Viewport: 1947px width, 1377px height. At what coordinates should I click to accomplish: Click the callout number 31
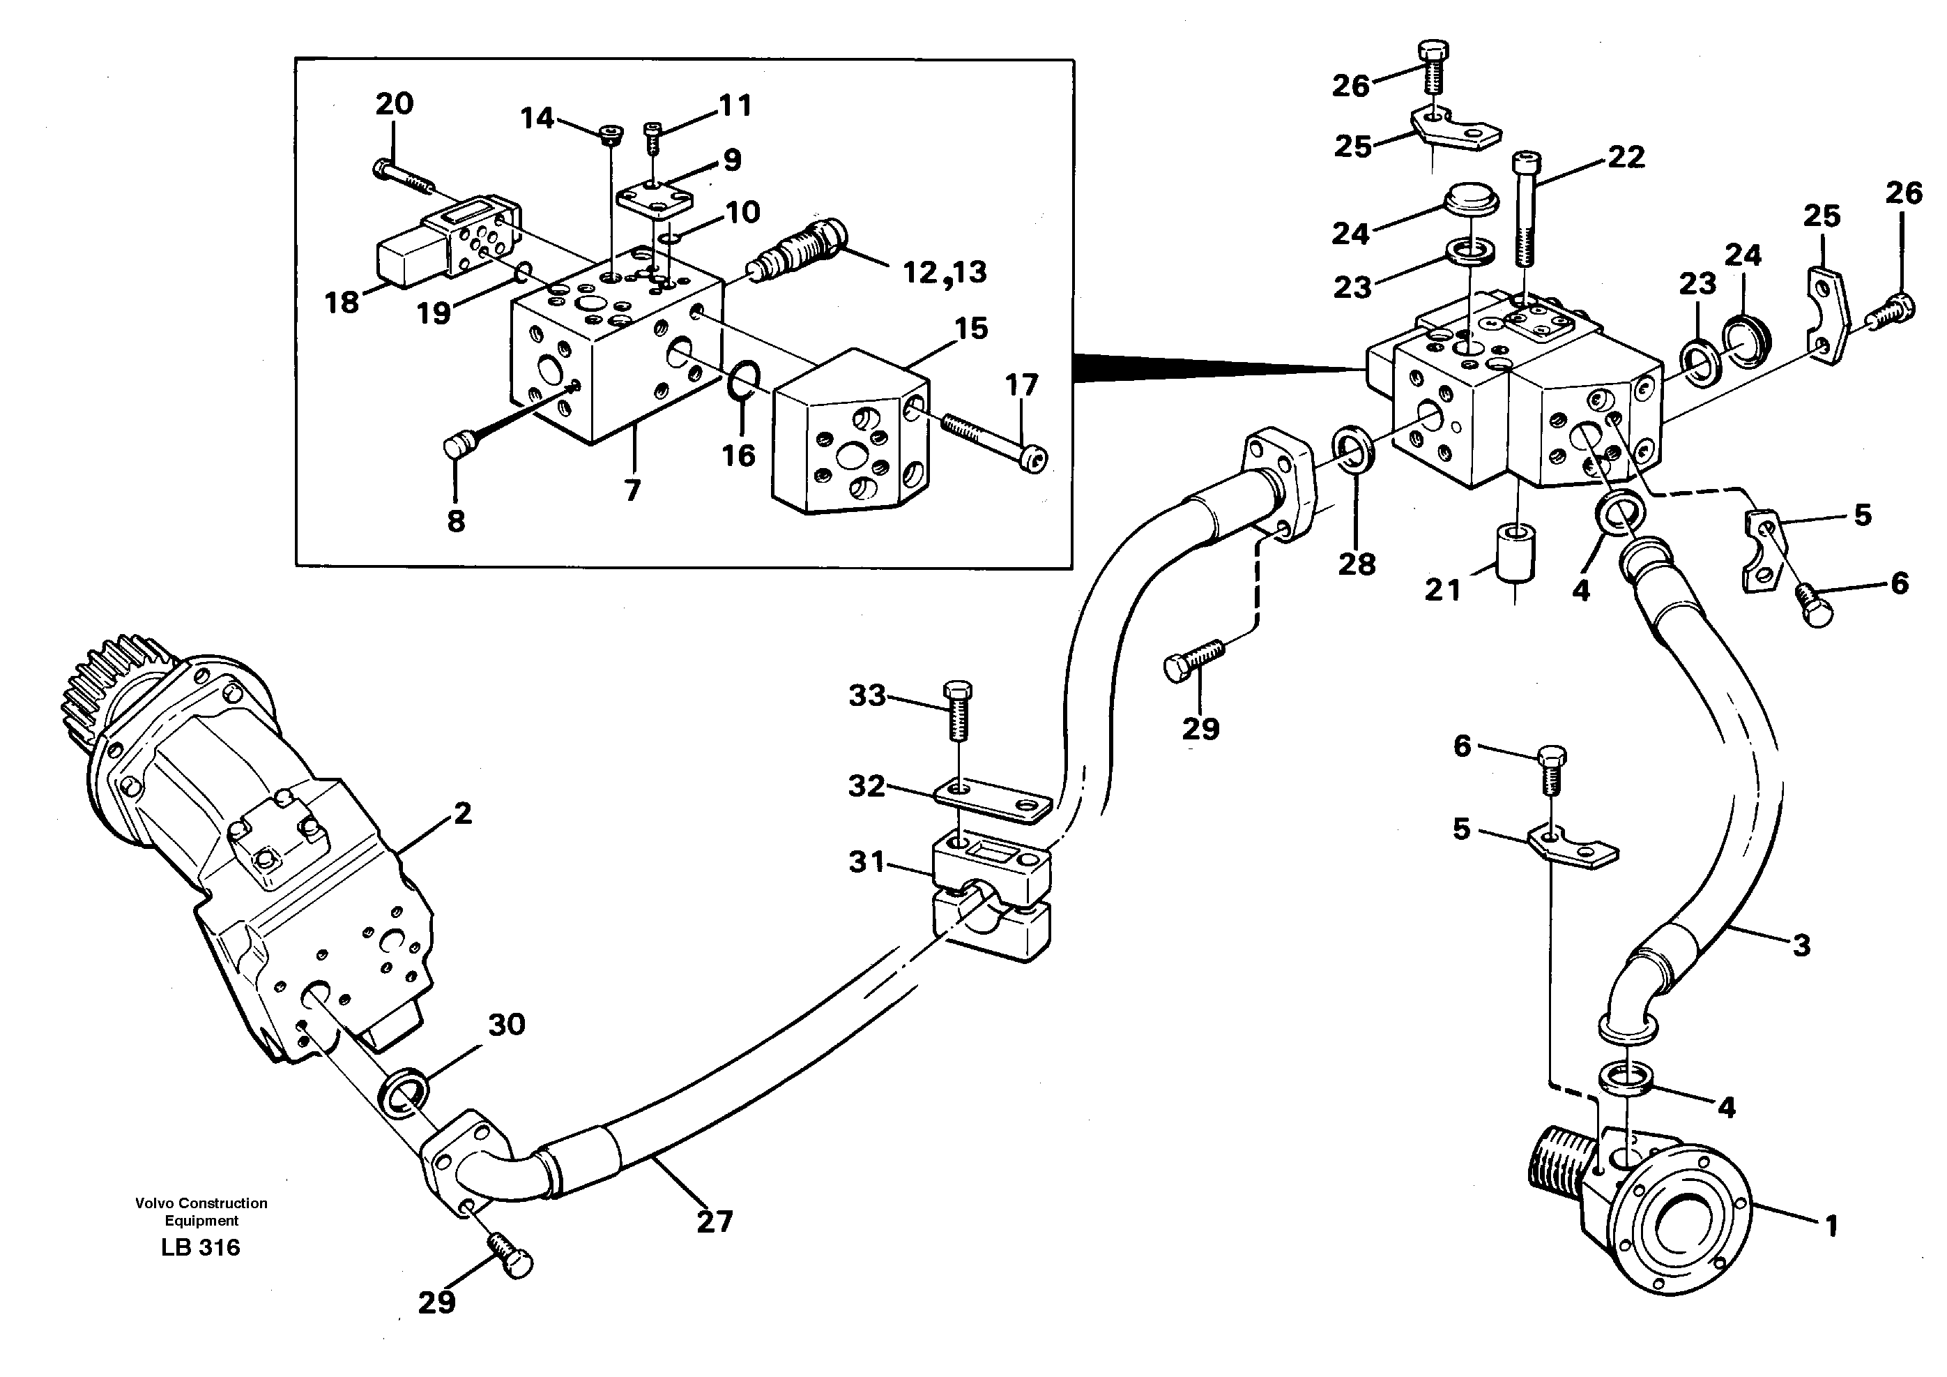pyautogui.click(x=866, y=862)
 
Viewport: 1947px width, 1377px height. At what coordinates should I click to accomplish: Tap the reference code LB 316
pyautogui.click(x=200, y=1247)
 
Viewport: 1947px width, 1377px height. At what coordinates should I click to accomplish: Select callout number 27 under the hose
pyautogui.click(x=714, y=1221)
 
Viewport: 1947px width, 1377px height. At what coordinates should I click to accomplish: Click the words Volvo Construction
pyautogui.click(x=201, y=1203)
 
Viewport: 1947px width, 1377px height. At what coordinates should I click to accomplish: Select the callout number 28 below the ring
pyautogui.click(x=1356, y=564)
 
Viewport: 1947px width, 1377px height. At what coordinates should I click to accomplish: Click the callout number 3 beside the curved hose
pyautogui.click(x=1801, y=945)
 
